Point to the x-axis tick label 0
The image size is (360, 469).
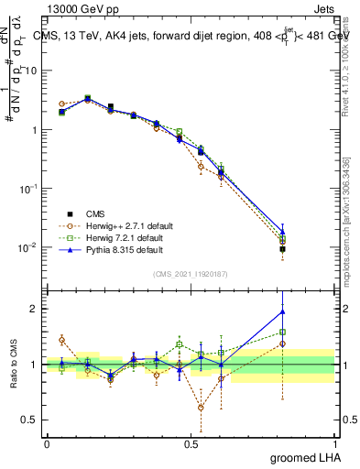coord(47,442)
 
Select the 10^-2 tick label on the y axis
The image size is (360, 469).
coord(27,246)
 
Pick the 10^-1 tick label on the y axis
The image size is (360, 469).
coord(27,188)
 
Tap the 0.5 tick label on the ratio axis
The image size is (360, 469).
coord(29,420)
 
